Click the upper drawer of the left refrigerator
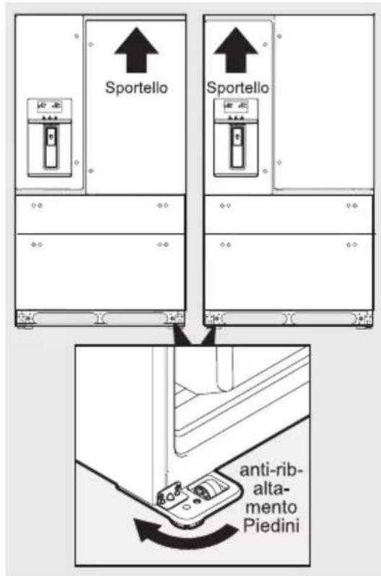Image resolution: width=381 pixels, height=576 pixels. [x=100, y=214]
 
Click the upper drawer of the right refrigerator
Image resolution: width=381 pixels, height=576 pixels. [x=289, y=214]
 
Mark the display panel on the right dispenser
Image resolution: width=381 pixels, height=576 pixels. [x=235, y=106]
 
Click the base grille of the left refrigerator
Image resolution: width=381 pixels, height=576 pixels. [x=100, y=317]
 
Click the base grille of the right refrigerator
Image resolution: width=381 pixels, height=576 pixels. [x=289, y=317]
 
